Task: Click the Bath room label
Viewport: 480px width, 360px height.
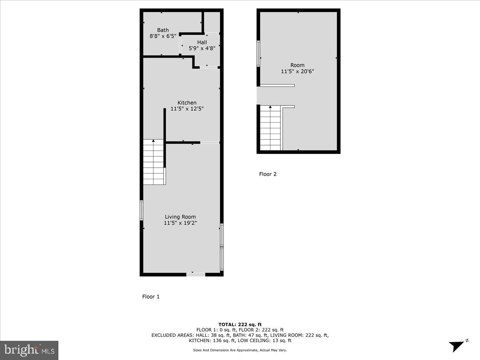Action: [x=163, y=30]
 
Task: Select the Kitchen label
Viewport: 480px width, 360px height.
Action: [x=187, y=103]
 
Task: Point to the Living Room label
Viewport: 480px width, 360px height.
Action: [x=180, y=217]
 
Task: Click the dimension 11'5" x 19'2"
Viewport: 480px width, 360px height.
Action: [x=180, y=223]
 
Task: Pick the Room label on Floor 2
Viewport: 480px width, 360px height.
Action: [x=297, y=65]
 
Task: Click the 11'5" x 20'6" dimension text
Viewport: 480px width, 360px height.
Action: [x=297, y=72]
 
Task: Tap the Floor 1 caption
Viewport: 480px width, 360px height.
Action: [x=151, y=296]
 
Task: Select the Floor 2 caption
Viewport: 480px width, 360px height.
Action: [x=268, y=174]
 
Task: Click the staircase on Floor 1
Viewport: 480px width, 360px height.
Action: [x=154, y=162]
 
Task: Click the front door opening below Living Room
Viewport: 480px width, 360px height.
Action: [x=196, y=274]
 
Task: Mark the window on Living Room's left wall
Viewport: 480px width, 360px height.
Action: [x=142, y=210]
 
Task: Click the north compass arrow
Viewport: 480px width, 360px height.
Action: [x=456, y=346]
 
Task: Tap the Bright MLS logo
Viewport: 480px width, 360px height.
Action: [x=29, y=350]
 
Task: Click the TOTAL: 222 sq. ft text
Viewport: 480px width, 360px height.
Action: [x=240, y=324]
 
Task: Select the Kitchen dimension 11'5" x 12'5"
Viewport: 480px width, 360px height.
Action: [x=187, y=109]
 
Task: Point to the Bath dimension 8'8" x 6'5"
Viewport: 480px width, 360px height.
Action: [x=163, y=36]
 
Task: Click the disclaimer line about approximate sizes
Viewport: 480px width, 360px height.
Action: [x=240, y=350]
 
